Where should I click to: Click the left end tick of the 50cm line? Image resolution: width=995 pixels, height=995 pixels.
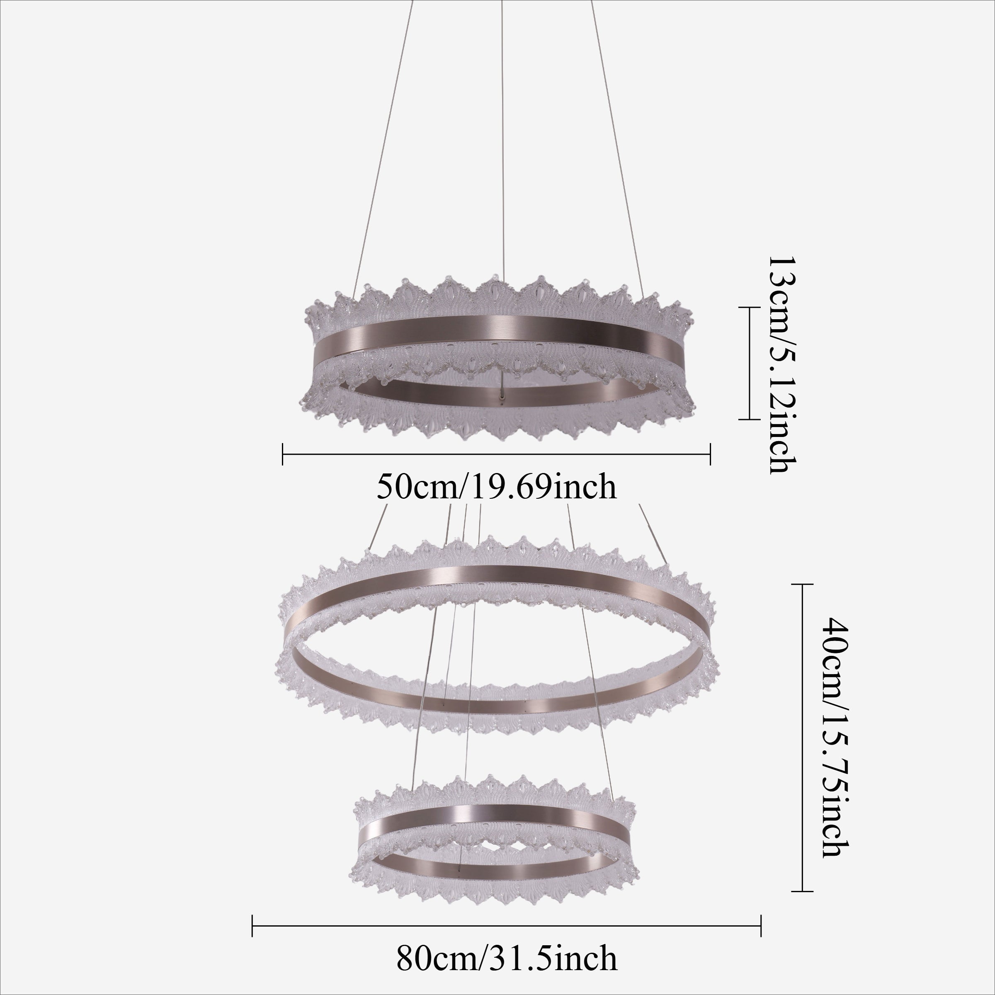click(283, 454)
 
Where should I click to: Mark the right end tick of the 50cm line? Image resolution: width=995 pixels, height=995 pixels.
click(711, 454)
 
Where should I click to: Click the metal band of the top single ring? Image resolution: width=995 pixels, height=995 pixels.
click(495, 330)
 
